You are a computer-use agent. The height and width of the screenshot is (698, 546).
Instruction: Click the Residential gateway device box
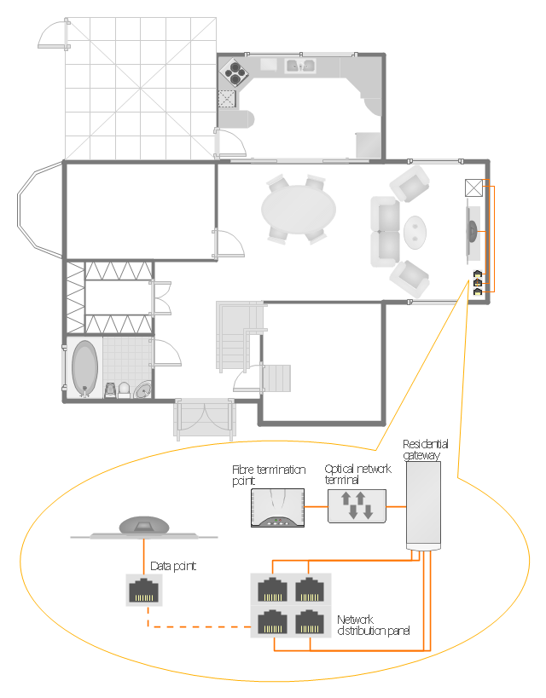tap(423, 505)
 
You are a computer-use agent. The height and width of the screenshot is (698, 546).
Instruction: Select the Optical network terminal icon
tap(357, 506)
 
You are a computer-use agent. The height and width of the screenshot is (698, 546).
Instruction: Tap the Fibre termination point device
tap(277, 508)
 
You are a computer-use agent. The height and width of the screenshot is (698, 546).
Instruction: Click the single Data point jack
tap(144, 590)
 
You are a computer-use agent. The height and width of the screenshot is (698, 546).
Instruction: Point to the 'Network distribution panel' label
tap(373, 625)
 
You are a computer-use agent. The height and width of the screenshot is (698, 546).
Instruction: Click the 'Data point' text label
tap(173, 566)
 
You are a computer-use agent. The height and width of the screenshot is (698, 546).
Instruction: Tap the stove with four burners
tap(235, 72)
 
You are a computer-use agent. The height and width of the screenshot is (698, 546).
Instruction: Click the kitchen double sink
tap(300, 66)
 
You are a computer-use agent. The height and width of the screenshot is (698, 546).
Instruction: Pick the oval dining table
tap(299, 210)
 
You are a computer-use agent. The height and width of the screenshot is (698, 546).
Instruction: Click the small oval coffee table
tap(415, 232)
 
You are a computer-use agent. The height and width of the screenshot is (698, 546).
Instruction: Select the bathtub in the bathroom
tap(84, 367)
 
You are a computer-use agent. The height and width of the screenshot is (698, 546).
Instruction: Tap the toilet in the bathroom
tap(124, 389)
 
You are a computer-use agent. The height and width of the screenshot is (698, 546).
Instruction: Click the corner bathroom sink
tap(143, 389)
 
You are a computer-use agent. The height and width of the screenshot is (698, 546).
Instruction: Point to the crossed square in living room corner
tap(473, 187)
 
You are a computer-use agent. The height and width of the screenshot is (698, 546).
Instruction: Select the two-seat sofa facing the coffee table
tap(386, 232)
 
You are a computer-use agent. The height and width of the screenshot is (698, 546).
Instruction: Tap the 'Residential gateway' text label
tap(425, 449)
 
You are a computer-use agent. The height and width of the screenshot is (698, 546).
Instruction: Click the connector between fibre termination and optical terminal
tap(316, 506)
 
